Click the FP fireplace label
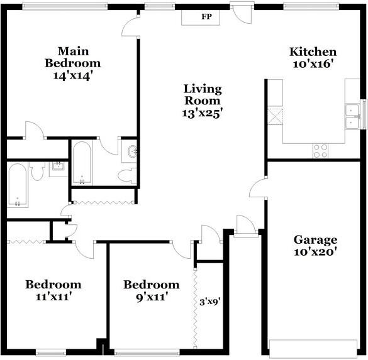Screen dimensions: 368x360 [206, 16]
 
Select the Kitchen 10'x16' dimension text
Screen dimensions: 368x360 [313, 63]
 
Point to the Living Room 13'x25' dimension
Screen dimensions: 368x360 [203, 114]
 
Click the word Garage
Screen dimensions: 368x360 [315, 240]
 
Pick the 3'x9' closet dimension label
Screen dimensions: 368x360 [210, 302]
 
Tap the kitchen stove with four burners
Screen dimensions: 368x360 [320, 151]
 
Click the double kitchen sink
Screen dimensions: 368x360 [352, 117]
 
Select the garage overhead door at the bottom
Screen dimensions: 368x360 [313, 349]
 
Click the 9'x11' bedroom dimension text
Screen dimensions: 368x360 [152, 297]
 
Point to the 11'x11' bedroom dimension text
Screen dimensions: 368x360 [53, 297]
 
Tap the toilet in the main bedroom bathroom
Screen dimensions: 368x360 [128, 175]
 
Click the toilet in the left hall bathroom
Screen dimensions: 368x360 [37, 171]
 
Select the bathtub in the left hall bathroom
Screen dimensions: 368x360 [18, 185]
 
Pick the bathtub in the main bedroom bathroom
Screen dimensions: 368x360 [82, 163]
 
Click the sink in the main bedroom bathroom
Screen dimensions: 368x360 [129, 154]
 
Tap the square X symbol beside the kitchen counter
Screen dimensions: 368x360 [276, 116]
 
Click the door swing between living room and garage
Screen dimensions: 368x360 [258, 187]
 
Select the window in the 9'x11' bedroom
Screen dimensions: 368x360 [147, 352]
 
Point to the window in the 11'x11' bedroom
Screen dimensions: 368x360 [51, 352]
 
